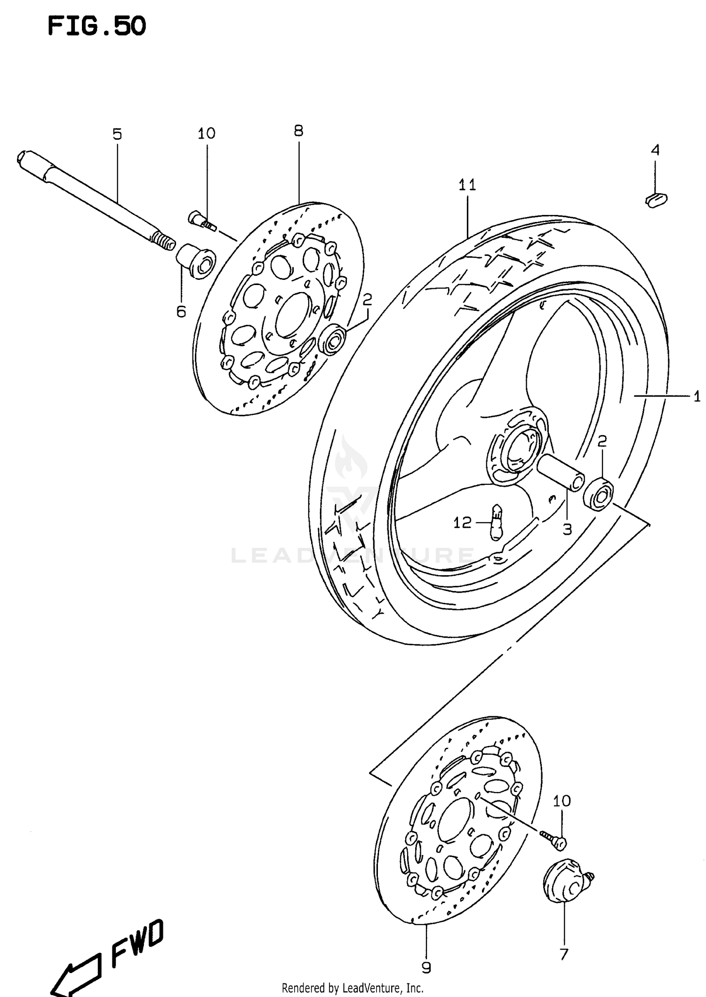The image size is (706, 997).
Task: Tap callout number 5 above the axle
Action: click(x=117, y=135)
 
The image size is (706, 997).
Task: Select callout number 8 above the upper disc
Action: click(x=298, y=131)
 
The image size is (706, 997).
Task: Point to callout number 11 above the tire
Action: click(x=467, y=185)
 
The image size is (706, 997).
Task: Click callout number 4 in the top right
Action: click(x=655, y=150)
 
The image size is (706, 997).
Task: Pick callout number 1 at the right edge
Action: click(x=697, y=396)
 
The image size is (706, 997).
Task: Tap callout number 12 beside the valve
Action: click(x=462, y=522)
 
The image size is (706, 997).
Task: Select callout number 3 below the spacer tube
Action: click(x=567, y=529)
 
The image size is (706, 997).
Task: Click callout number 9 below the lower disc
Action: click(x=426, y=967)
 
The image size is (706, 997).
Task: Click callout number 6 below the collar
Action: click(x=181, y=311)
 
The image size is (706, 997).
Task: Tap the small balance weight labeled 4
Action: click(x=656, y=199)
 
